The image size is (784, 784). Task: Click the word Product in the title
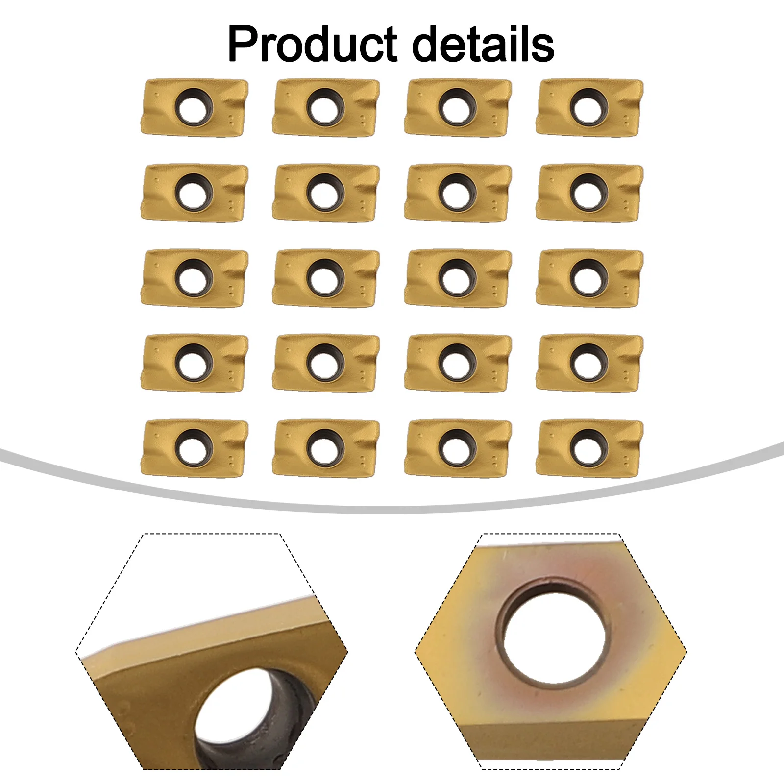312,45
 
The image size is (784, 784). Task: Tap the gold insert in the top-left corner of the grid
195,107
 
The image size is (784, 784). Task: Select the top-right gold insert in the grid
589,107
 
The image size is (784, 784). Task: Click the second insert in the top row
326,107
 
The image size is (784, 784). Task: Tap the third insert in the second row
458,193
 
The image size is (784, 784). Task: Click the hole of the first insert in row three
194,278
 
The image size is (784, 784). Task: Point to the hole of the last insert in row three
588,278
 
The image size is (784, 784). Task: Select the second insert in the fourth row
326,363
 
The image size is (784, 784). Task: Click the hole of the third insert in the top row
457,107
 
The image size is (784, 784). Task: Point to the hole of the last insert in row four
588,363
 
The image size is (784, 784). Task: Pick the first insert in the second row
195,193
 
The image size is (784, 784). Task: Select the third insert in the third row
458,278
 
